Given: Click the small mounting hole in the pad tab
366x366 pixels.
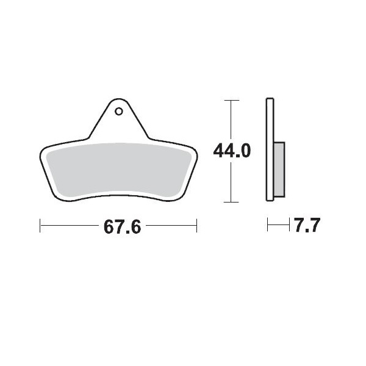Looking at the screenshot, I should tap(118, 112).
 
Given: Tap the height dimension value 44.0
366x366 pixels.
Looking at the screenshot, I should tap(231, 151).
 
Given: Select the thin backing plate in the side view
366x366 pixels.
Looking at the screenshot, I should tap(270, 149).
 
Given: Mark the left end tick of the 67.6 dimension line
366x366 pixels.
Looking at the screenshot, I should tap(40, 227).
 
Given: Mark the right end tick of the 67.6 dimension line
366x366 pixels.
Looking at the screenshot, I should tap(196, 227).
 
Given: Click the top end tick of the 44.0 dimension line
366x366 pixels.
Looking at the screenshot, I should tap(230, 99).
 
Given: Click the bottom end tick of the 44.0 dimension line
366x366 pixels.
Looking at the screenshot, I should tap(230, 202).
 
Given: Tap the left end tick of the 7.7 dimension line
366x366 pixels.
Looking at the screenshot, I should tap(268, 227).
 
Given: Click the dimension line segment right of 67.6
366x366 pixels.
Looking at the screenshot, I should tap(171, 227).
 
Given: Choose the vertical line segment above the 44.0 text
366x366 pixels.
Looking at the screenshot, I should tap(230, 119).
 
